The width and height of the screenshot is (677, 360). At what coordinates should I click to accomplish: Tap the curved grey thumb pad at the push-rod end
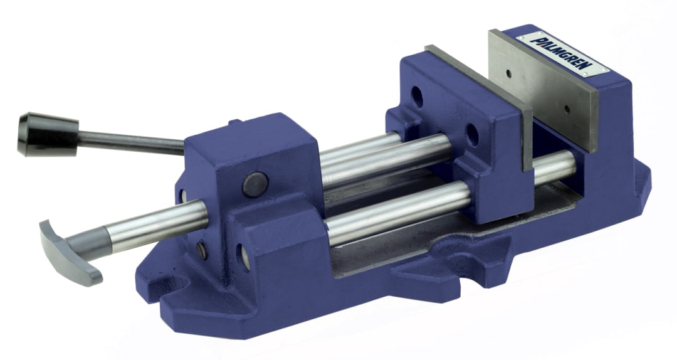[69, 250]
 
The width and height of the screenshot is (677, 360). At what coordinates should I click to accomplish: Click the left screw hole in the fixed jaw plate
[508, 73]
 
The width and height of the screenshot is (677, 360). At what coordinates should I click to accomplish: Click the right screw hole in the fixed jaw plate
[567, 109]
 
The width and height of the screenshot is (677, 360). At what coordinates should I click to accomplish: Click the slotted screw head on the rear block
[202, 250]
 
